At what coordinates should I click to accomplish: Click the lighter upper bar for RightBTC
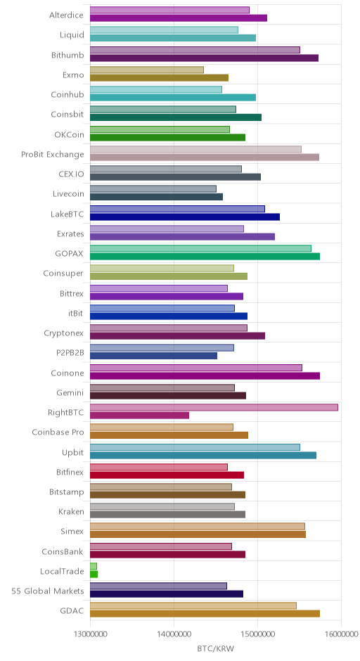[x=214, y=408]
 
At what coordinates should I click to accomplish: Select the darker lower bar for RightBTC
[x=139, y=416]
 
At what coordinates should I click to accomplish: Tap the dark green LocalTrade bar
[x=94, y=575]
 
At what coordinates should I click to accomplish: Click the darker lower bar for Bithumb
[x=204, y=58]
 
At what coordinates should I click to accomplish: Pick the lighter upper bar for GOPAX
[x=200, y=249]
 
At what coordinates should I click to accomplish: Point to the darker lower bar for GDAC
[x=205, y=614]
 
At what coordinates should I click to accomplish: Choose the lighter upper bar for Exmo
[x=147, y=70]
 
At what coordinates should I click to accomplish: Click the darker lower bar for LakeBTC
[x=185, y=217]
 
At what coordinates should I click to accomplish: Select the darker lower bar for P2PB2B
[x=153, y=356]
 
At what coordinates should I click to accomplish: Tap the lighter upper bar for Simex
[x=198, y=527]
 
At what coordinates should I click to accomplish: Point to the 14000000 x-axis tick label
[x=173, y=634]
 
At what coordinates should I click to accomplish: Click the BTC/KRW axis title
[x=215, y=648]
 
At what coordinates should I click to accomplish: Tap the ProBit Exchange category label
[x=53, y=154]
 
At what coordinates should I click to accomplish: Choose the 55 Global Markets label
[x=48, y=591]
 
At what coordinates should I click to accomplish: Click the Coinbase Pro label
[x=58, y=432]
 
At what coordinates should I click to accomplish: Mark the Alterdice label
[x=67, y=15]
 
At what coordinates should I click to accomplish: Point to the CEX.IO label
[x=71, y=174]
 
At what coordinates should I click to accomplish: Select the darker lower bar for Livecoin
[x=156, y=197]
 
